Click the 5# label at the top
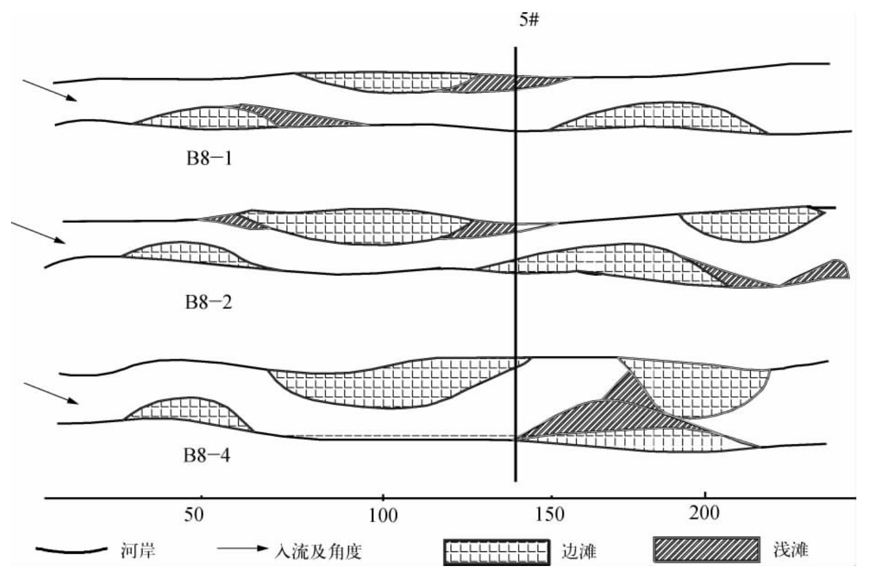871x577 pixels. click(x=529, y=20)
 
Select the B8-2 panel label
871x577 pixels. click(x=209, y=302)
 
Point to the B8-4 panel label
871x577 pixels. click(x=208, y=455)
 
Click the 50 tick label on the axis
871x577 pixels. click(x=194, y=515)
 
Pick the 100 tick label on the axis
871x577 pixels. click(x=383, y=515)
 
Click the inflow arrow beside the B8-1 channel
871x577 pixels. click(x=49, y=90)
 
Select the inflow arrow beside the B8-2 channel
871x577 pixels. click(x=38, y=233)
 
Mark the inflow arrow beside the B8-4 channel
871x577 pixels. click(x=51, y=394)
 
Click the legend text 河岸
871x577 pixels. click(x=138, y=551)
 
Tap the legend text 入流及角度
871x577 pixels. click(x=318, y=551)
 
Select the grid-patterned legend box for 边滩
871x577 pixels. click(x=495, y=552)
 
